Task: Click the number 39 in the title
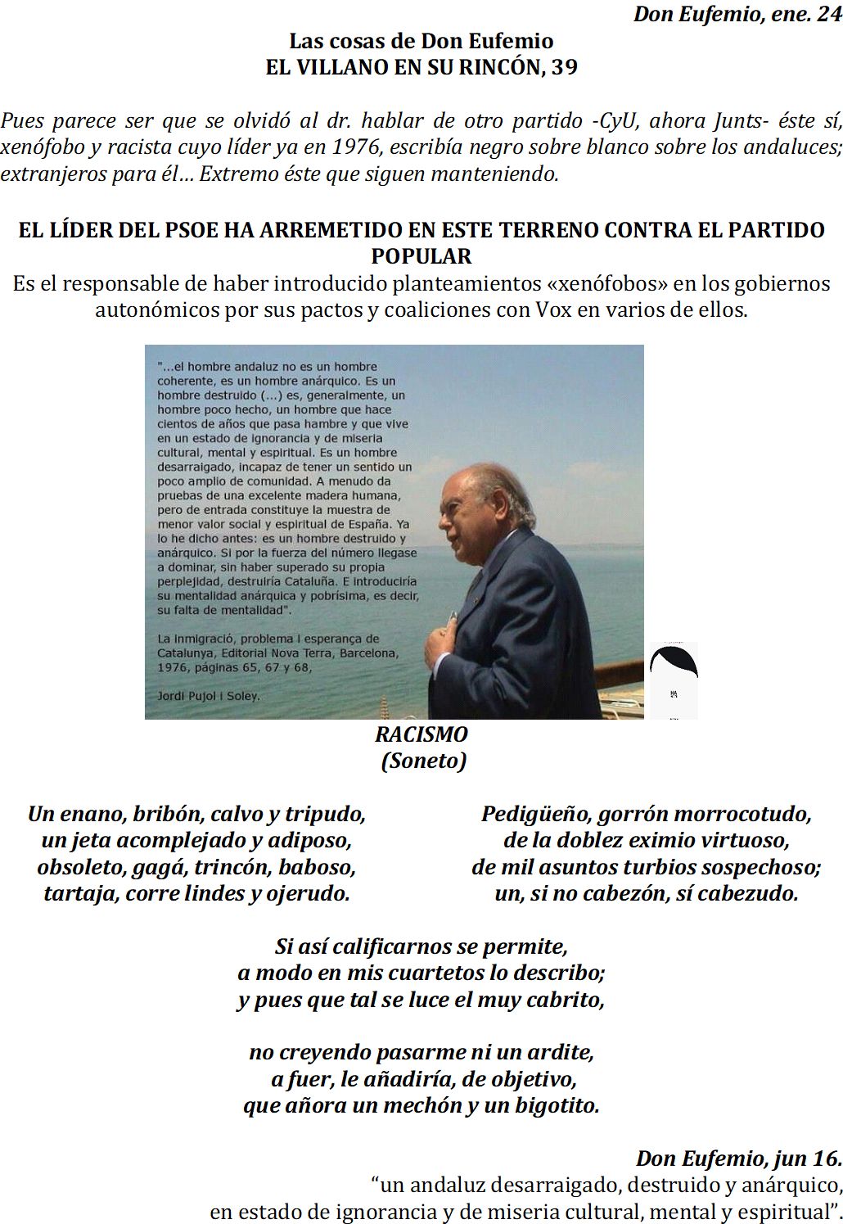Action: pos(563,67)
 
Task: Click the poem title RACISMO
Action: pos(421,734)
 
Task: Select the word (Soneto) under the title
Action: pos(423,761)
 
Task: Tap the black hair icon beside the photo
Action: pos(673,662)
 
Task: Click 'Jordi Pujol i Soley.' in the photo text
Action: pos(208,696)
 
